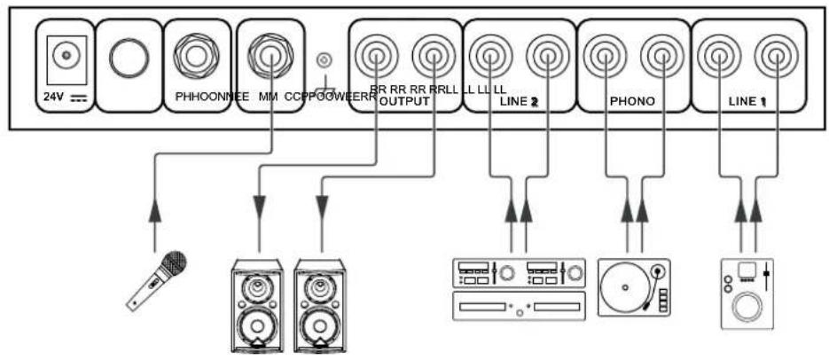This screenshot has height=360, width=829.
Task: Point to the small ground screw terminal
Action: coord(325,61)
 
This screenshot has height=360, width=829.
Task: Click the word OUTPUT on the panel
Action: coord(404,101)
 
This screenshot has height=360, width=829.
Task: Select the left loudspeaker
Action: coord(258,304)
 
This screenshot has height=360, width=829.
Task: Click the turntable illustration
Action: coord(633,286)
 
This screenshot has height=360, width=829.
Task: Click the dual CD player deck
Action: coord(519,288)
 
